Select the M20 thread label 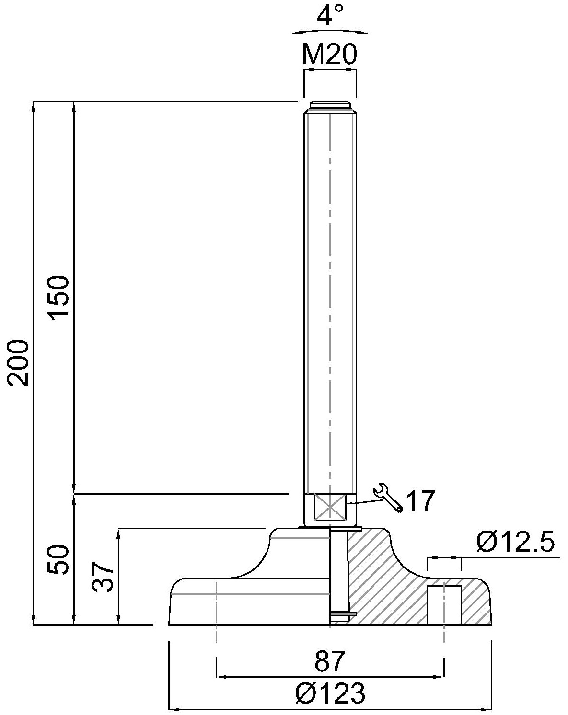(x=330, y=55)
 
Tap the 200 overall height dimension (x=19, y=363)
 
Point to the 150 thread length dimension (x=58, y=297)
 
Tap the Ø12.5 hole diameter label (x=515, y=543)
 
